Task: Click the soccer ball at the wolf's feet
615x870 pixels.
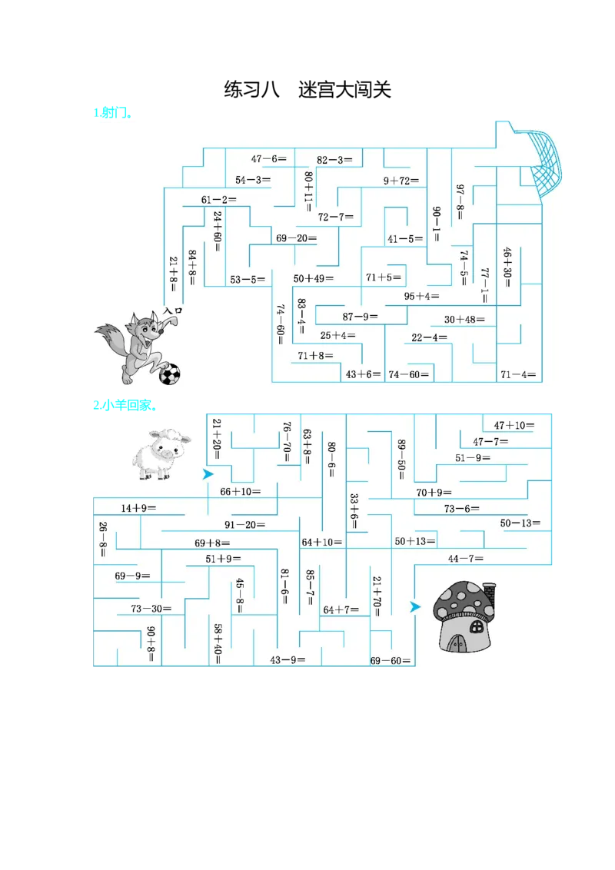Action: (x=170, y=374)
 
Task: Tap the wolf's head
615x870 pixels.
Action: (x=145, y=328)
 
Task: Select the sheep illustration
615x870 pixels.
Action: (x=158, y=454)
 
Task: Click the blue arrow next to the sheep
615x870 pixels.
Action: (x=208, y=474)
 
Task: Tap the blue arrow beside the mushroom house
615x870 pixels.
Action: (x=415, y=607)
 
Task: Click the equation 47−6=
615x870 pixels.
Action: (x=268, y=159)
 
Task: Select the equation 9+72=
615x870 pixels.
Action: (x=401, y=181)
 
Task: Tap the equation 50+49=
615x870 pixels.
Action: (x=313, y=278)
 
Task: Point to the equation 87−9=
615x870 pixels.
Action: (x=361, y=316)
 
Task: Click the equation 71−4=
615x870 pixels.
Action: (x=518, y=375)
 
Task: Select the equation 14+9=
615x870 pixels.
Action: (x=138, y=508)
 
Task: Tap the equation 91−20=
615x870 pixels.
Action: (x=244, y=525)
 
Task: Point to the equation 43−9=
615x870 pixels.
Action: (x=288, y=659)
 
